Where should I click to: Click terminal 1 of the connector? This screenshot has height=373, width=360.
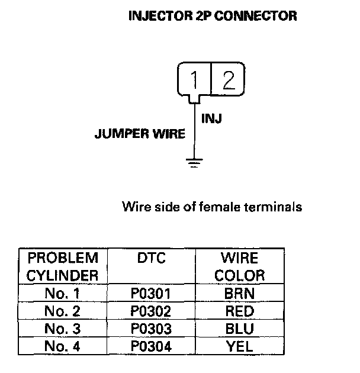click(194, 80)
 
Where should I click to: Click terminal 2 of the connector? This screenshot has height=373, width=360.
click(228, 79)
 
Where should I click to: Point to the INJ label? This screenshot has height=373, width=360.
click(211, 118)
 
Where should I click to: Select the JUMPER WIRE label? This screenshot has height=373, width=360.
click(140, 133)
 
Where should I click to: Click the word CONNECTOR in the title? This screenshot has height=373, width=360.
click(256, 16)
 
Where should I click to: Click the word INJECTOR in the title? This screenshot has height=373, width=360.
click(160, 16)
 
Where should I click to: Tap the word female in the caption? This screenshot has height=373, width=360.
click(219, 207)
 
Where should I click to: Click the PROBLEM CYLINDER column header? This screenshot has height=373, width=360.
click(63, 266)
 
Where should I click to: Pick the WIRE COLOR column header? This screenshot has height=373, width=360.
click(239, 266)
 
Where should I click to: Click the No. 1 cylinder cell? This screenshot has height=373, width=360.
click(62, 293)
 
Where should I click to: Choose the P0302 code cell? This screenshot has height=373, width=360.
click(151, 311)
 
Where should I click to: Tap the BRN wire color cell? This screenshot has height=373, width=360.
click(239, 293)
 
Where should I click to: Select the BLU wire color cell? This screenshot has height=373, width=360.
click(239, 329)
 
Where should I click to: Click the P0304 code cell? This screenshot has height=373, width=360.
click(151, 346)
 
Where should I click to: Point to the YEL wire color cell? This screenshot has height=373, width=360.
click(239, 346)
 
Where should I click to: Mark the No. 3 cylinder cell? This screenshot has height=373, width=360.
click(63, 329)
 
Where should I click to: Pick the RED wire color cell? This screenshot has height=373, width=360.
click(240, 311)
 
